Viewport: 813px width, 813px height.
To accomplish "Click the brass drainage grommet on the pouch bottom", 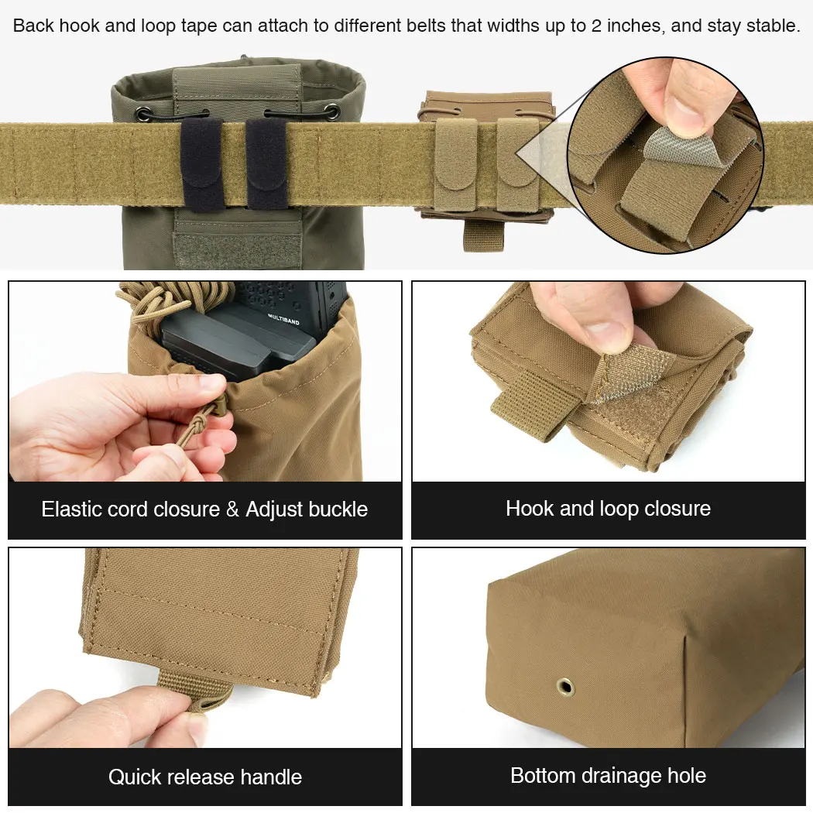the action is coord(565,687).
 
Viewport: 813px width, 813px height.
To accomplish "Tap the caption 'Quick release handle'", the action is coord(205,777).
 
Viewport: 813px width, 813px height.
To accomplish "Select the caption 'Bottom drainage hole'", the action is coord(608,775).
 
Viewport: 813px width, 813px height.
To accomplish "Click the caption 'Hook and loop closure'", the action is coord(608,508).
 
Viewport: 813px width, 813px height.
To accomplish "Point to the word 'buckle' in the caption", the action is coord(337,509).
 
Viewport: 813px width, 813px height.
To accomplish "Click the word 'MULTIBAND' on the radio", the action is coord(283,319).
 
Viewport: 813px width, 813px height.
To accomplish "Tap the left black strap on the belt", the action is coord(201,164).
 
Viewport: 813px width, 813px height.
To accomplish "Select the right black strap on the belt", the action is coord(266,163).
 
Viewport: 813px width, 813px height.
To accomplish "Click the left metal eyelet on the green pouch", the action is coord(143,114).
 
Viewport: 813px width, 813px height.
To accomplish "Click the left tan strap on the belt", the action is coord(456,163).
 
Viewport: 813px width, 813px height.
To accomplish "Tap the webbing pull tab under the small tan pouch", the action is coord(482,235).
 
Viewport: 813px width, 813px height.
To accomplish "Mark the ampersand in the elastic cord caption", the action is coord(233,509).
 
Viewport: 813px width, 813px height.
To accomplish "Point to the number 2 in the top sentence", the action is coord(596,26).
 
